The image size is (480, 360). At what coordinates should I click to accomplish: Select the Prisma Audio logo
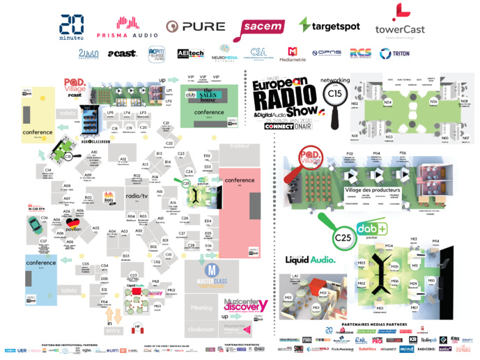point(127,27)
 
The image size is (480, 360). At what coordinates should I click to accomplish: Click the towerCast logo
point(399,22)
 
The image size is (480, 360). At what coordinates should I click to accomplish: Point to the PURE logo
point(195,27)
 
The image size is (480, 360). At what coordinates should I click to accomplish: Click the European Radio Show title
point(286,94)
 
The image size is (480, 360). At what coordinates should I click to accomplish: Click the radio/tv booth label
point(136,197)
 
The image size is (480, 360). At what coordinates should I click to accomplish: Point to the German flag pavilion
point(72,224)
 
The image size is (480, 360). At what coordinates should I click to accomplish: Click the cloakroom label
point(201,328)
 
